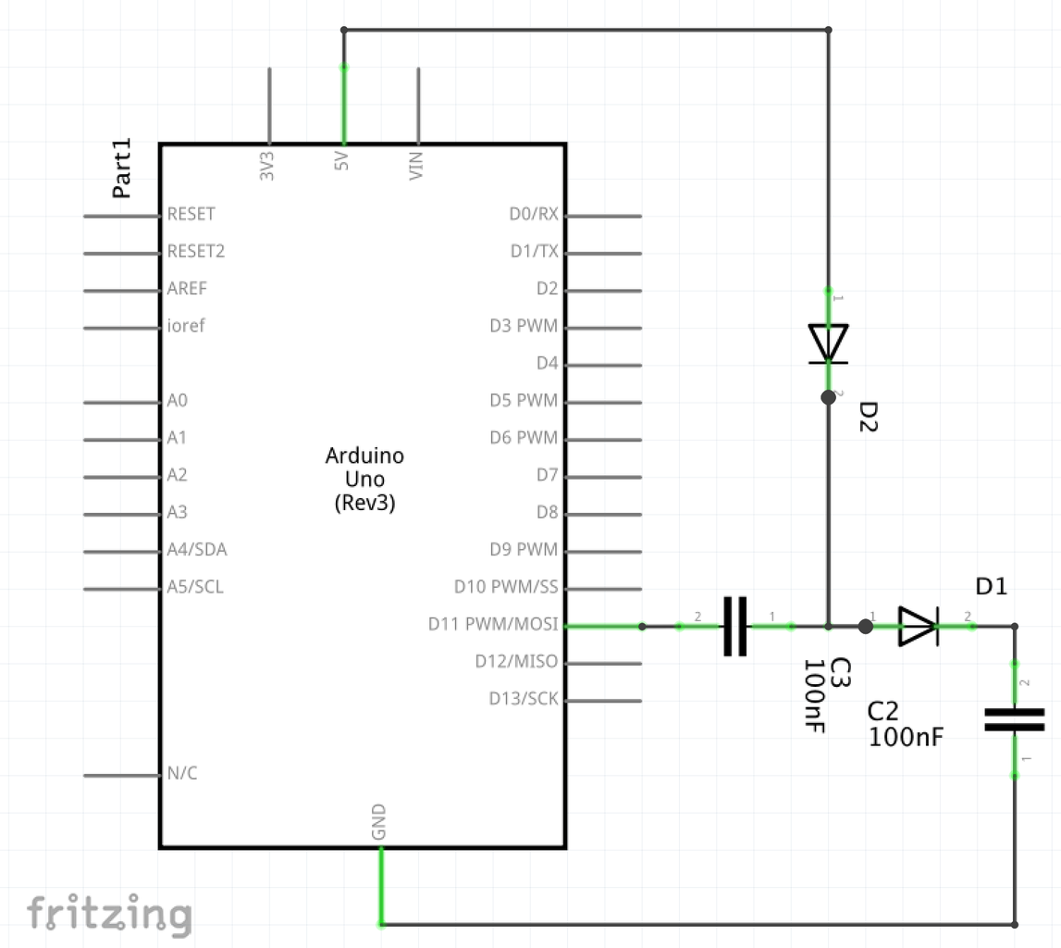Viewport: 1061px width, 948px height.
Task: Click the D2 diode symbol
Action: point(828,343)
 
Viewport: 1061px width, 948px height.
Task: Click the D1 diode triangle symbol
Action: point(919,627)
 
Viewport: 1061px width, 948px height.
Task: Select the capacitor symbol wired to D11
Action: point(734,627)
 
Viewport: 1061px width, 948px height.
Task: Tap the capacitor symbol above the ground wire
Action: point(1014,719)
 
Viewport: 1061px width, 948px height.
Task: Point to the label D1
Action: point(992,586)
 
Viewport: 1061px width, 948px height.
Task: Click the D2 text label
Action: point(869,418)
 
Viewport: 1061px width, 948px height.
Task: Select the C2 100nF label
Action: point(906,724)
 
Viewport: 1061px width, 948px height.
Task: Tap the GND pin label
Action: point(379,823)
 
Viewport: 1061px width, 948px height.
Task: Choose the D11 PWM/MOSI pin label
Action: point(493,625)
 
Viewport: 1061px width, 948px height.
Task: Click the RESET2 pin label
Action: point(195,252)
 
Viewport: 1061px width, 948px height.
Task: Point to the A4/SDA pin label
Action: point(196,550)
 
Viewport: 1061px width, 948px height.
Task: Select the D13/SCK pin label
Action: point(524,699)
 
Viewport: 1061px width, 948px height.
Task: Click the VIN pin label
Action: point(417,165)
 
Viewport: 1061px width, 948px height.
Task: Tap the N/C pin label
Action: point(181,774)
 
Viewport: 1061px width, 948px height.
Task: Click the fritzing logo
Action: point(109,914)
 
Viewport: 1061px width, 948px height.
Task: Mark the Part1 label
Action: point(122,168)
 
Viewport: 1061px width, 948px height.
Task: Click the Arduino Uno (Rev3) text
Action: point(364,480)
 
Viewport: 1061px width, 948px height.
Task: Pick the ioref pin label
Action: point(186,326)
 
